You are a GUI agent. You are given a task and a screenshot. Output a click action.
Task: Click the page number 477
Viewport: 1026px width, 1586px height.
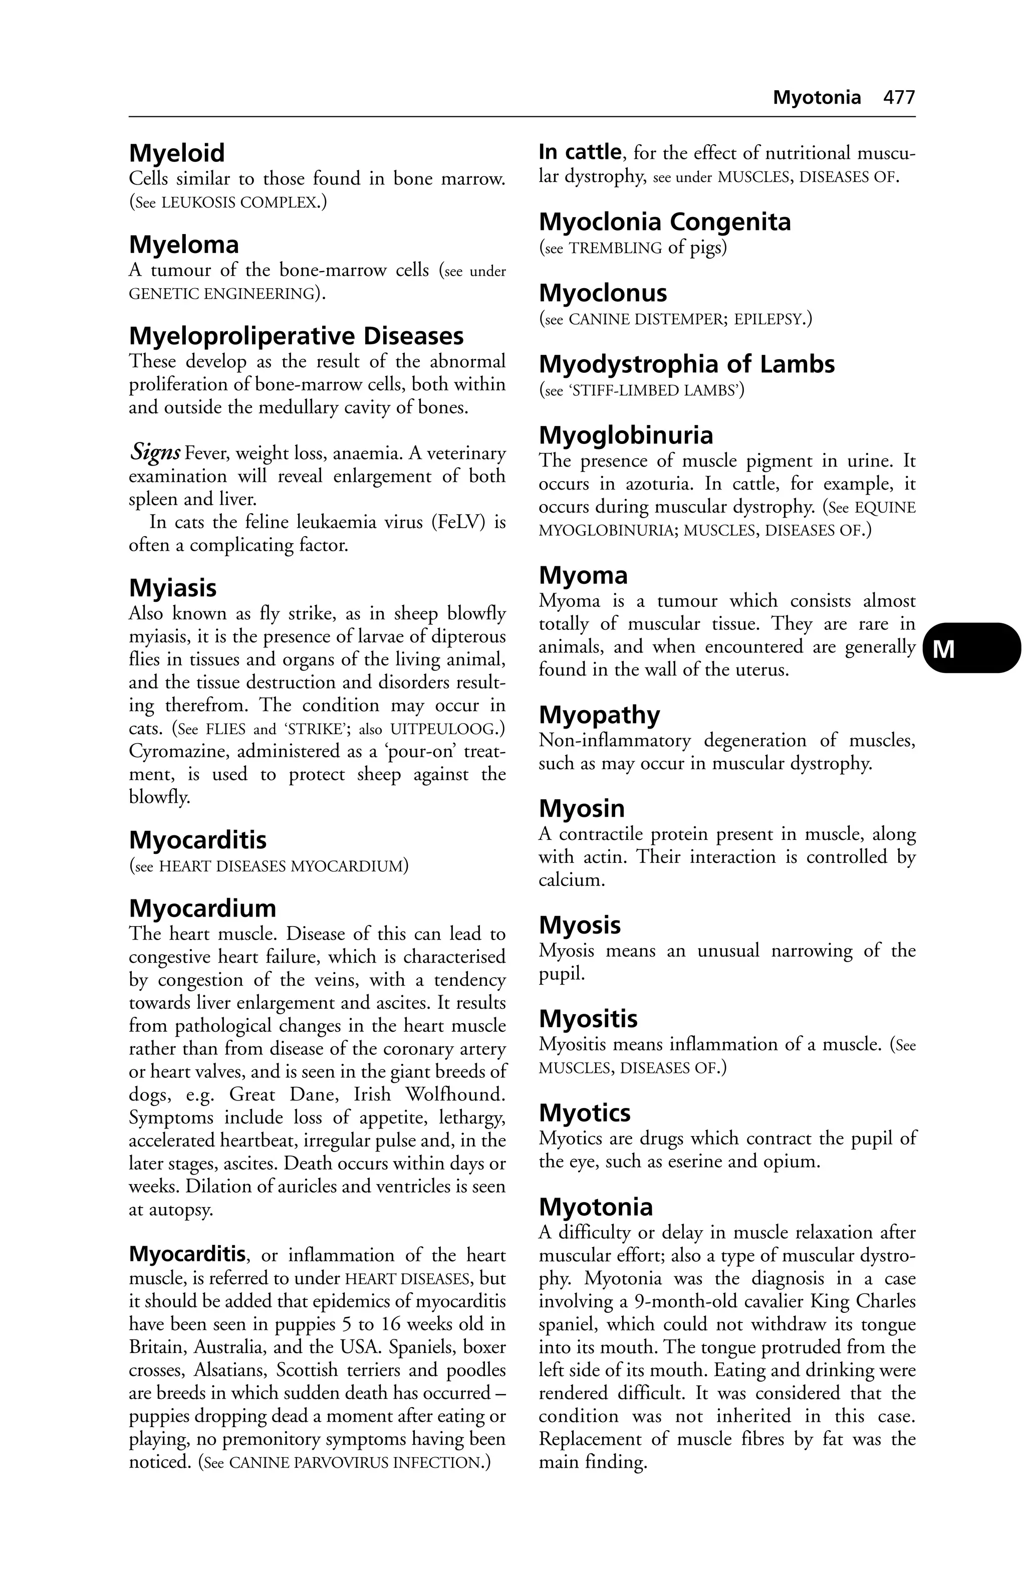click(x=899, y=98)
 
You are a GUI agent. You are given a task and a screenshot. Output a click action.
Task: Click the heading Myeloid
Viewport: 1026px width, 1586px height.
click(x=176, y=153)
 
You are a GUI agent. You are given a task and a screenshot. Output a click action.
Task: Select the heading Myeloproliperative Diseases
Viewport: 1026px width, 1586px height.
click(x=296, y=336)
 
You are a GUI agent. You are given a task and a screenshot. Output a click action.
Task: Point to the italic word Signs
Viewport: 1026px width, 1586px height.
click(x=155, y=453)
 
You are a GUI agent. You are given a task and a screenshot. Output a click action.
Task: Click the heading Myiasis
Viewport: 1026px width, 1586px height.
click(x=172, y=588)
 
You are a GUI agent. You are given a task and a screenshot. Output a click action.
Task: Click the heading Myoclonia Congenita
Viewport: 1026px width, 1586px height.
click(x=664, y=222)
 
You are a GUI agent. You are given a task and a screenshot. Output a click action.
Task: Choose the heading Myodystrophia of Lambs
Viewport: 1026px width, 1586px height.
click(x=686, y=364)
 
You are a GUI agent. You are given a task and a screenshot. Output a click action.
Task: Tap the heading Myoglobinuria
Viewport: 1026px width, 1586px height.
click(x=626, y=435)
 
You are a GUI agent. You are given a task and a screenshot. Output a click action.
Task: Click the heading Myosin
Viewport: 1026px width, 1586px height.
click(x=582, y=808)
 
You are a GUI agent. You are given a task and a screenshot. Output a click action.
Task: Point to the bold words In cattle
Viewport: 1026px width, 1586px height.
click(x=580, y=153)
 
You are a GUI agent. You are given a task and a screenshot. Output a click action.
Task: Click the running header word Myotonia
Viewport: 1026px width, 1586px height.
click(x=816, y=98)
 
